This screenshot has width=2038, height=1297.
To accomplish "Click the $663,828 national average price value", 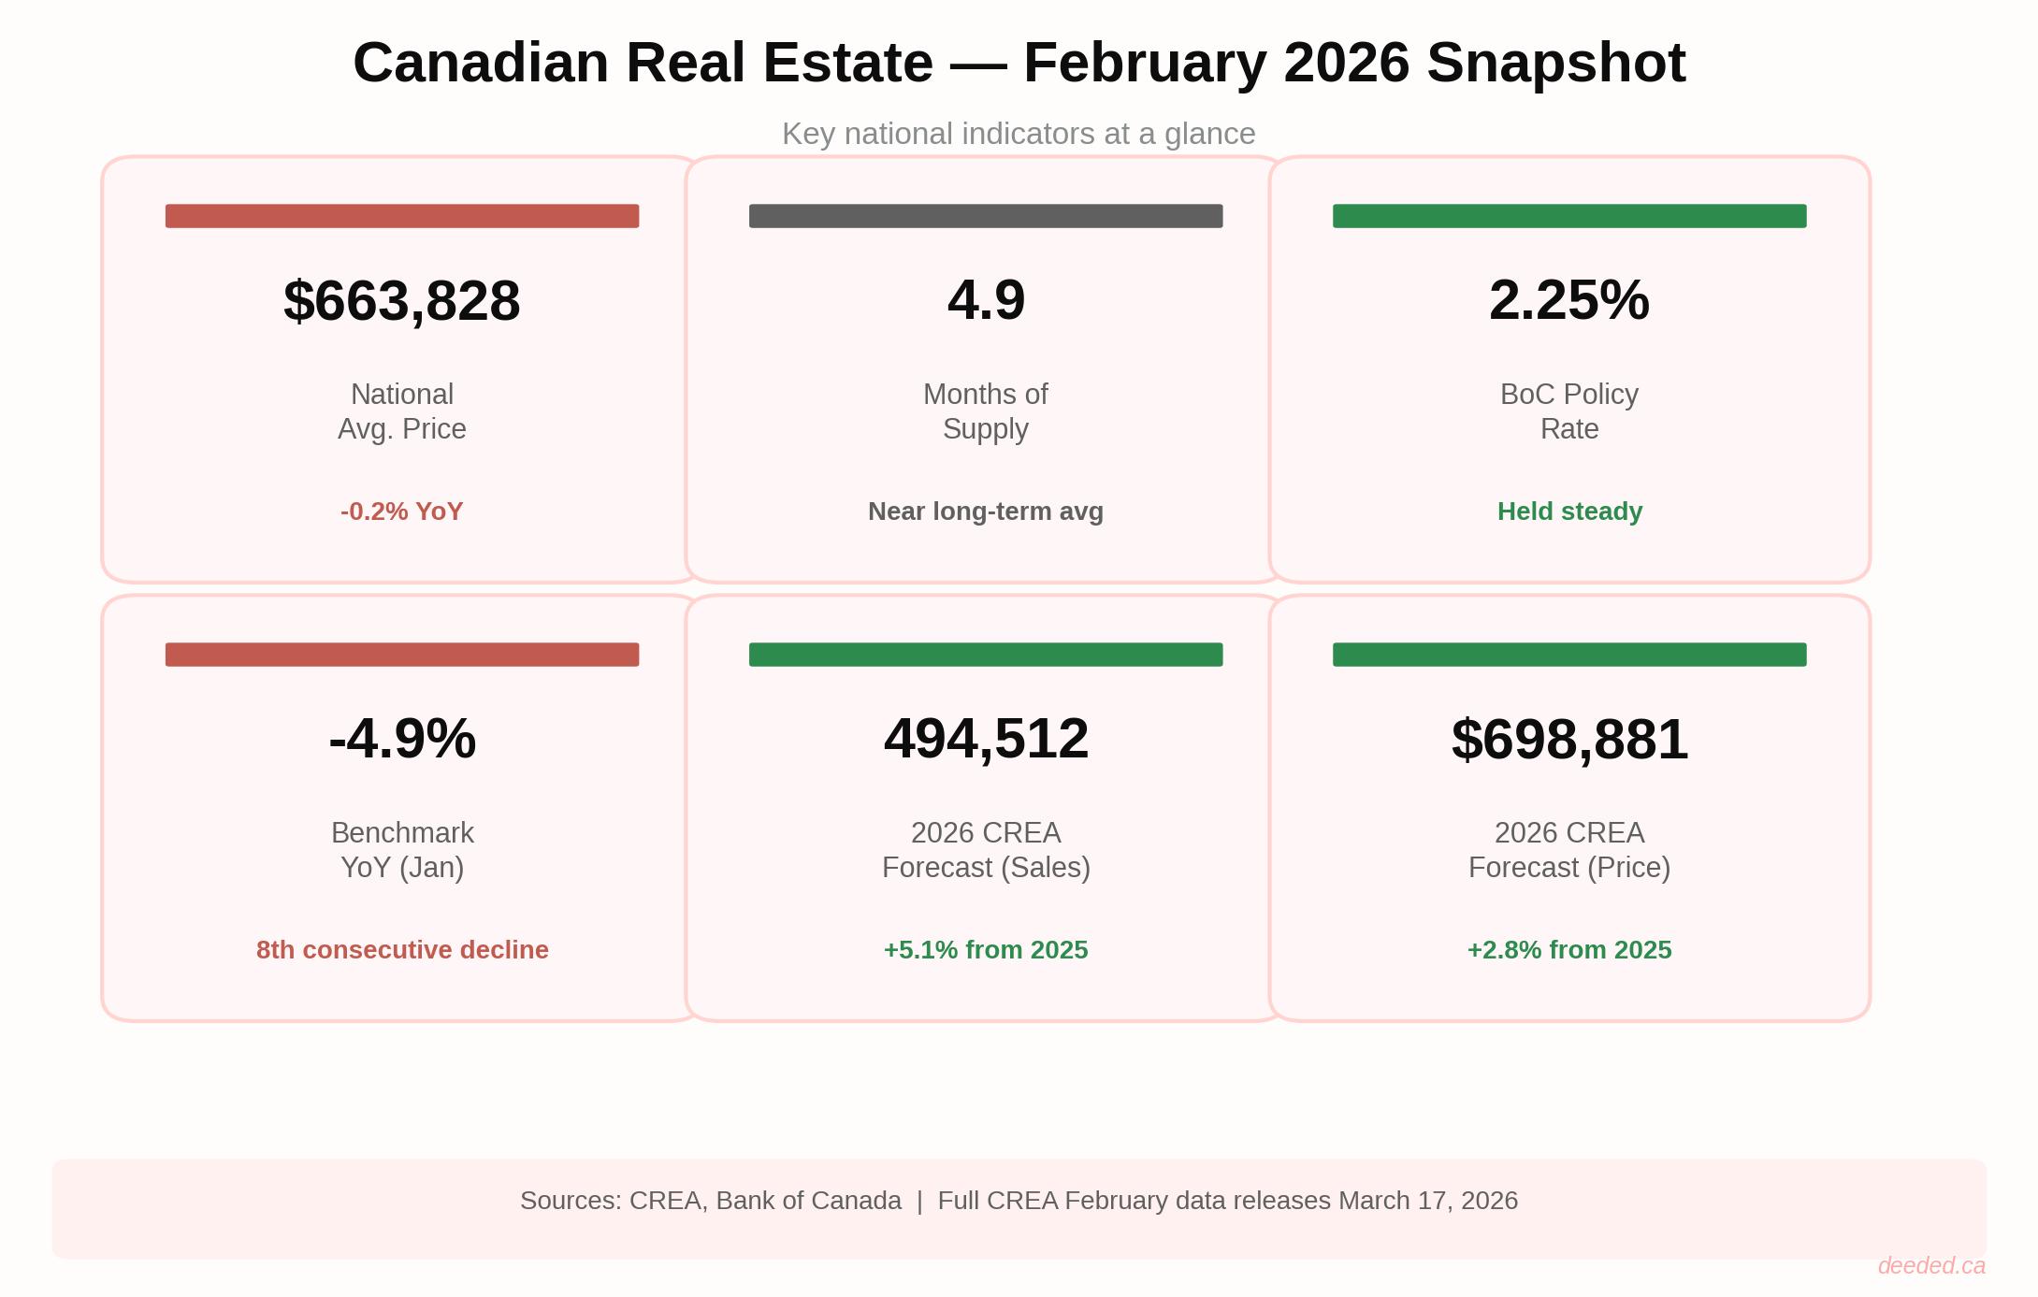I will (402, 301).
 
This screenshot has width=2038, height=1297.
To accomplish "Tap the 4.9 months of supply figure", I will (986, 301).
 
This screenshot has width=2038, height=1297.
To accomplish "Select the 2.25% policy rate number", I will (1568, 301).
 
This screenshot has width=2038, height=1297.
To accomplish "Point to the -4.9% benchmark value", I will (402, 739).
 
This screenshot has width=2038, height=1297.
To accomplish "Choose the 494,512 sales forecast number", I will (986, 739).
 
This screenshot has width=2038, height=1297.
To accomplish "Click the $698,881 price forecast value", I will (1568, 739).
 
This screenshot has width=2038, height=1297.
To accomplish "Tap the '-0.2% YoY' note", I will (402, 512).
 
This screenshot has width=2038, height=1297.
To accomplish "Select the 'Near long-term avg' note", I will (986, 512).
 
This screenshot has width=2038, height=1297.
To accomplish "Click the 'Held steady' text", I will (1569, 512).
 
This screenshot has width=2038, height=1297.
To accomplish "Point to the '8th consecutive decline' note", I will (402, 950).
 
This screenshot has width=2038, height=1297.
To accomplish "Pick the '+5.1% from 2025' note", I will (986, 950).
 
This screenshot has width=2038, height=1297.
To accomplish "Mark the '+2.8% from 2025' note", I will (1568, 950).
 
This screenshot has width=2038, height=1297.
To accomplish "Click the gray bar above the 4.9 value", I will (986, 216).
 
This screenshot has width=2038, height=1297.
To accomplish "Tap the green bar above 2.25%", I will (1568, 216).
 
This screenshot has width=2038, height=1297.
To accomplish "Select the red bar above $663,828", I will (402, 216).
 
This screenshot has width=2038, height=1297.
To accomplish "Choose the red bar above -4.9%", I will (402, 655).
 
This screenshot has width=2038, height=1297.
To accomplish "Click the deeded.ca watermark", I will (1930, 1265).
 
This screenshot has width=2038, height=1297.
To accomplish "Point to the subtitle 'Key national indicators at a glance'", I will (1019, 134).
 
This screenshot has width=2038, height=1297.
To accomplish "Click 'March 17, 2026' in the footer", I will (1427, 1201).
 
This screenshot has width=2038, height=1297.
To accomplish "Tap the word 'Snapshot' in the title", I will (1555, 64).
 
